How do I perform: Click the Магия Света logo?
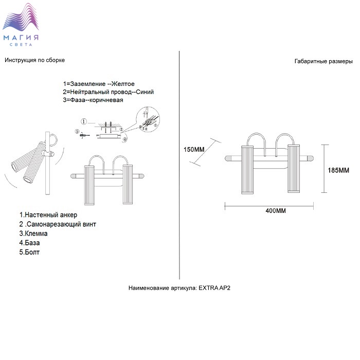22,26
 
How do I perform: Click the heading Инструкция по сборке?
34,60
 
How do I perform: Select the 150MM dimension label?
194,150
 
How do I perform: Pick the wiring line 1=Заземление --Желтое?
99,83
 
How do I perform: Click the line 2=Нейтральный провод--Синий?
108,92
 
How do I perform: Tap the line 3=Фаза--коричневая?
93,100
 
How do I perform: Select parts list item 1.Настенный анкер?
48,215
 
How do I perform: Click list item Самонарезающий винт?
58,224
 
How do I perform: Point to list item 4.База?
30,243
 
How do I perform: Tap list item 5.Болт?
29,252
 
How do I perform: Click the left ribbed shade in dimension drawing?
247,169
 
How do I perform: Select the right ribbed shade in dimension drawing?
294,169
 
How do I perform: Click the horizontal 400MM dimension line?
269,205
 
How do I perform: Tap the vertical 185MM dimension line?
323,169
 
